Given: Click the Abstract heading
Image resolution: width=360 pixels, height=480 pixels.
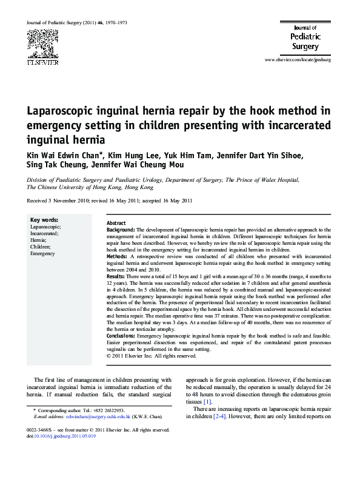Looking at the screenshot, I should coord(116,224).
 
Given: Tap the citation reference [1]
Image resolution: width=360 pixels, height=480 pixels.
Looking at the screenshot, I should coord(207,401).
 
